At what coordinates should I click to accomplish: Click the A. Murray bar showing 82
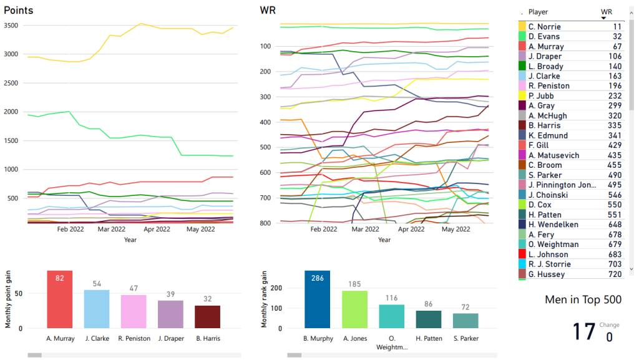(60, 299)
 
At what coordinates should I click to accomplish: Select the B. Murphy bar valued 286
(317, 299)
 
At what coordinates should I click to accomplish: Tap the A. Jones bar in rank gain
(354, 309)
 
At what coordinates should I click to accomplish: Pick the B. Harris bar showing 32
(207, 317)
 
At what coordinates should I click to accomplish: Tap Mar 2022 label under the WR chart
(364, 230)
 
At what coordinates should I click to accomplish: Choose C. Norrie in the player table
(544, 27)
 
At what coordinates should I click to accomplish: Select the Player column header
(538, 12)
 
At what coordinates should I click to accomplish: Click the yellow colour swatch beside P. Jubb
(522, 96)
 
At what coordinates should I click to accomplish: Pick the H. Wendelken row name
(553, 225)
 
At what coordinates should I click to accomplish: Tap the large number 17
(584, 332)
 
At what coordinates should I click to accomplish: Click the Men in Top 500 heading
(583, 300)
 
